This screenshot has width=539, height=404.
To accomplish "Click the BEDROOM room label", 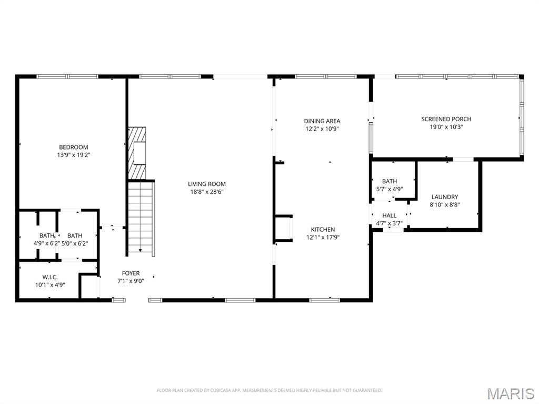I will (x=73, y=147).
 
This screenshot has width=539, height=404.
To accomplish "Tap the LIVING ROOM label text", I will (x=207, y=184).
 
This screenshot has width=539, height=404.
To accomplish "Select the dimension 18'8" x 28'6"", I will (x=207, y=192).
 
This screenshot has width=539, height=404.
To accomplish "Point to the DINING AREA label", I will (x=322, y=121).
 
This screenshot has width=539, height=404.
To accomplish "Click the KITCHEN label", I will (x=323, y=230).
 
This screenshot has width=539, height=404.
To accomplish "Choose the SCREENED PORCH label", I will (x=446, y=119).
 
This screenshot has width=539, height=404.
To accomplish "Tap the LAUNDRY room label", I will (x=445, y=197).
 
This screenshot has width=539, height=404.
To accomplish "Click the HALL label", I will (x=390, y=215).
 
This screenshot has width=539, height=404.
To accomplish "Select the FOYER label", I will (x=131, y=273).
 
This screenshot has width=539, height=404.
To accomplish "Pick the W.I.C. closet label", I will (x=50, y=277).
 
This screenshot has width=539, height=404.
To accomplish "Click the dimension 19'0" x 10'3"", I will (x=446, y=126).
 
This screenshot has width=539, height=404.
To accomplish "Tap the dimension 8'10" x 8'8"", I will (x=445, y=205).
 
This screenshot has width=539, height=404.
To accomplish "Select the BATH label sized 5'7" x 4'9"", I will (x=390, y=181).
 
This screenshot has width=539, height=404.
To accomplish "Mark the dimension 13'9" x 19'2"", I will (x=73, y=155).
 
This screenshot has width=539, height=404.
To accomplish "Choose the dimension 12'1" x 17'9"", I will (x=323, y=237).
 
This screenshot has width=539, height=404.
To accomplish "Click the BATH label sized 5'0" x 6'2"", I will (x=75, y=235).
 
